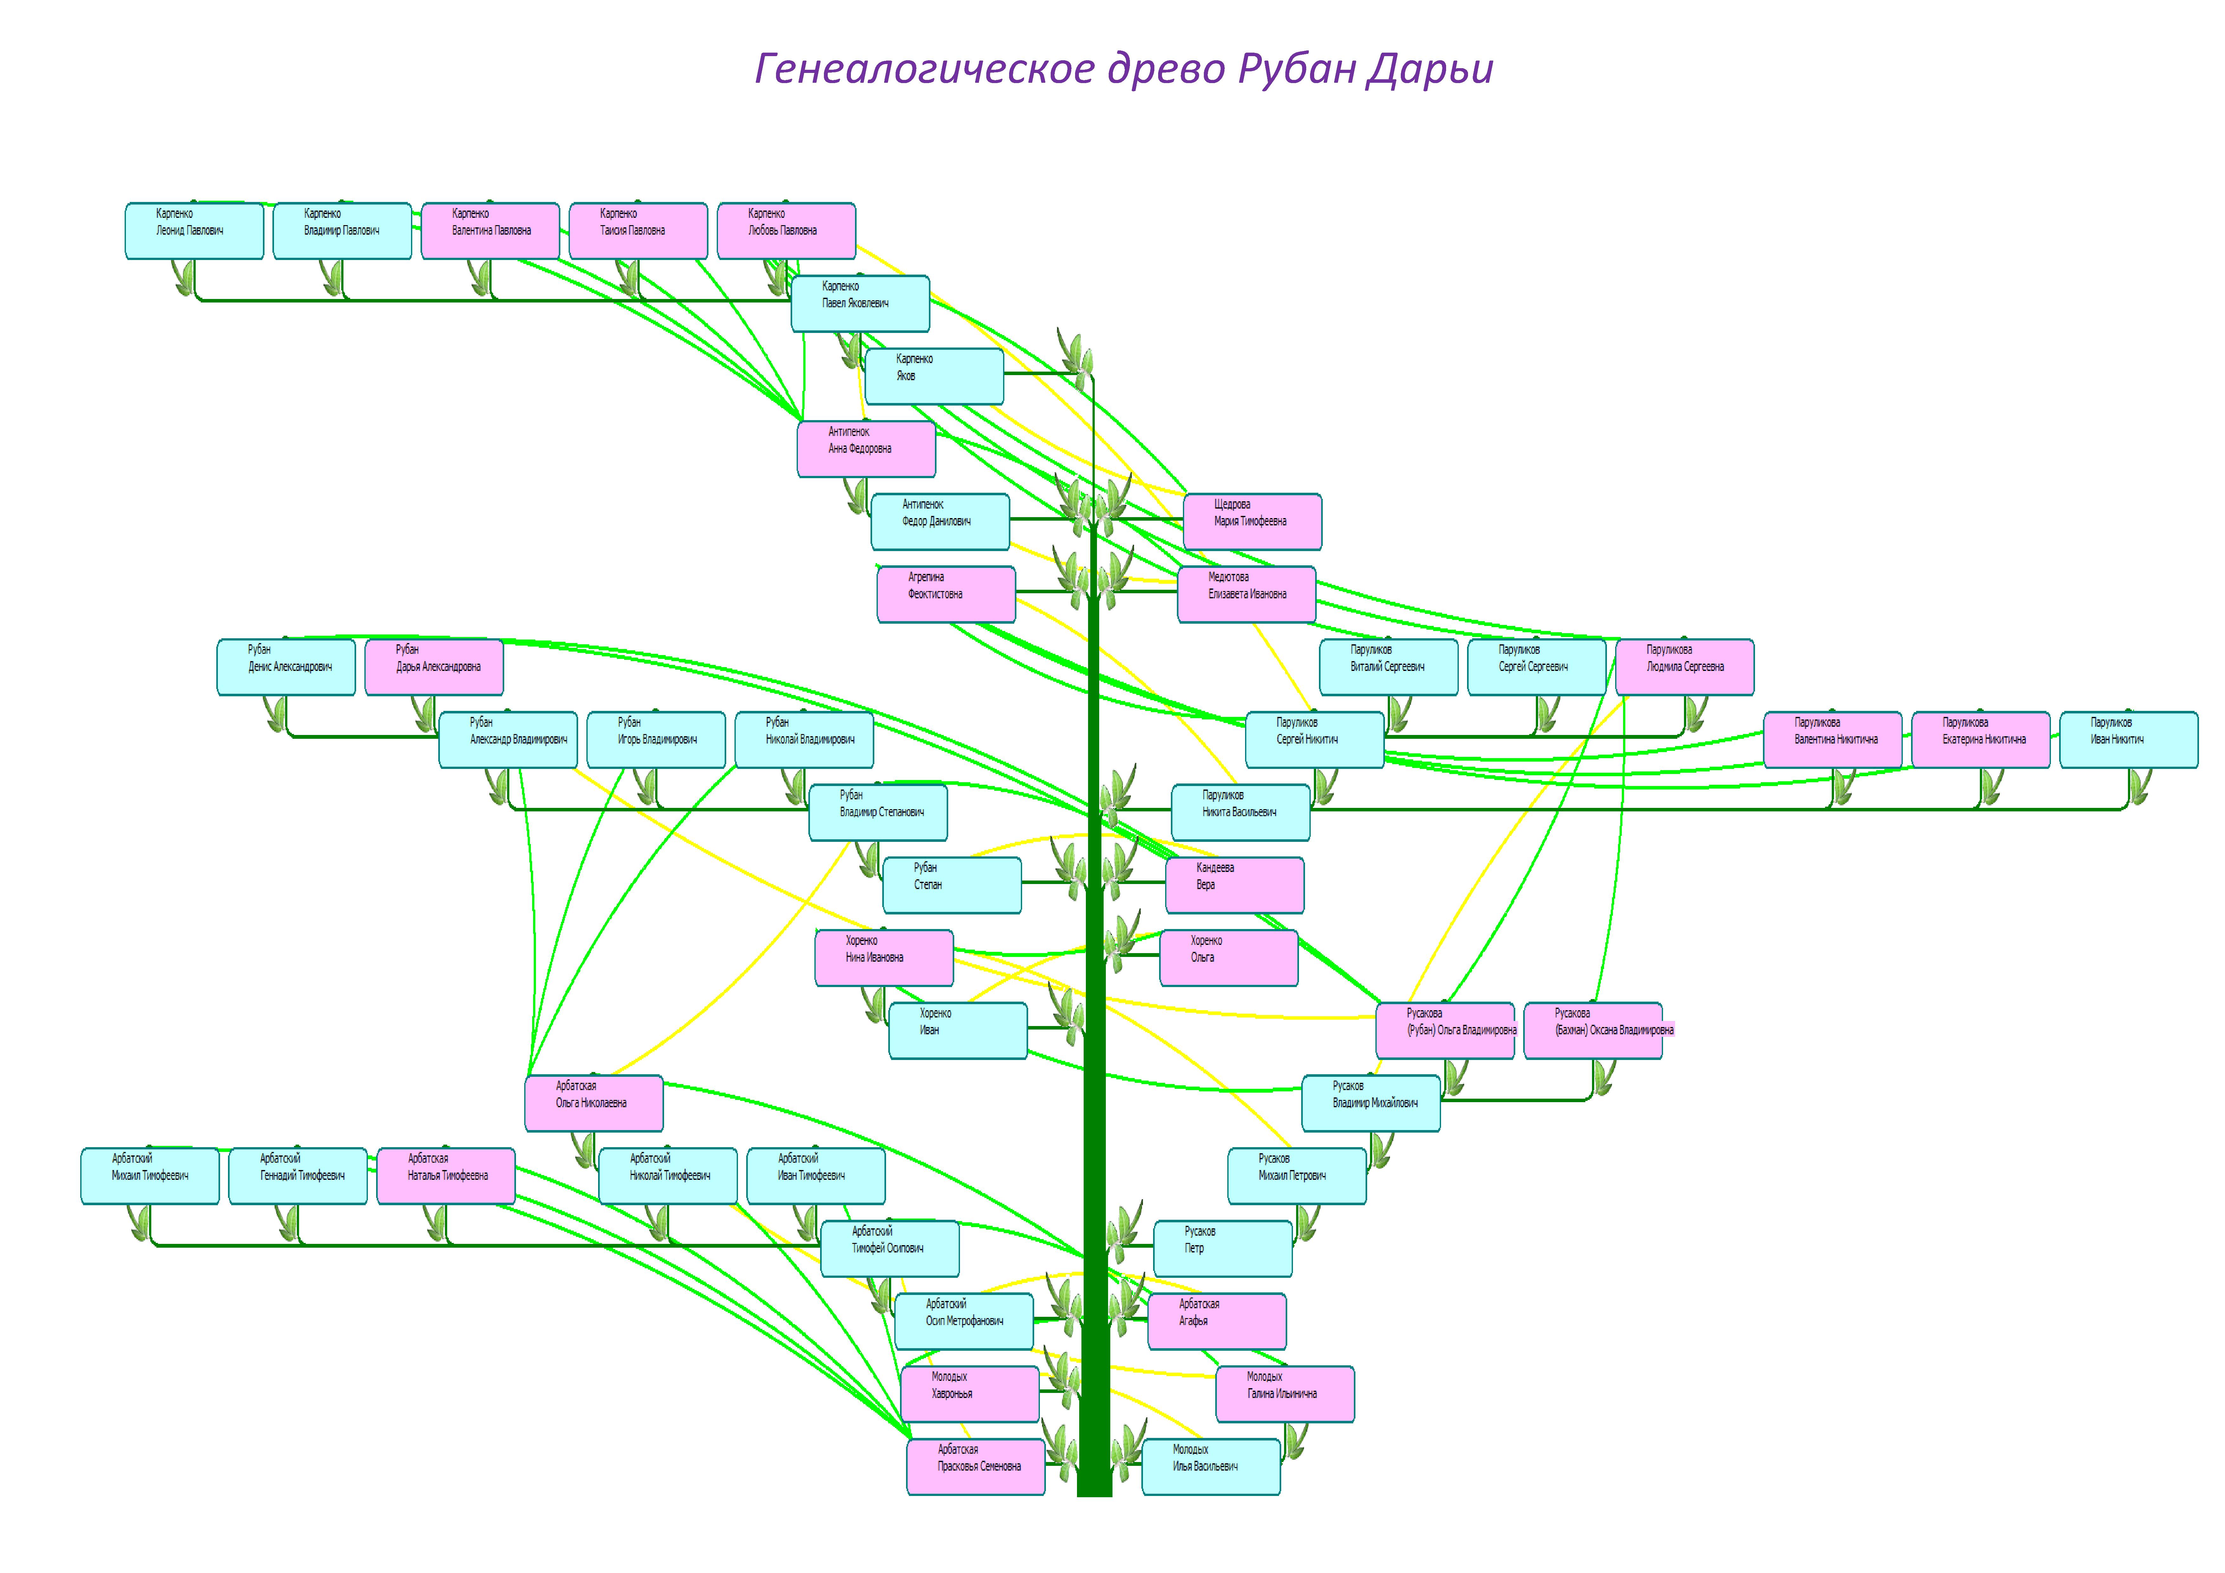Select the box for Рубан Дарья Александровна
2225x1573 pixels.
[x=434, y=667]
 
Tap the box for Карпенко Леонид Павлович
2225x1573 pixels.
[x=194, y=231]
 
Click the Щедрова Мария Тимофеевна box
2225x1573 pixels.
[x=1252, y=521]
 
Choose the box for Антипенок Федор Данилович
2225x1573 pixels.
[x=940, y=521]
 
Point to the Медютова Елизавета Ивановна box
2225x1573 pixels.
[x=1246, y=594]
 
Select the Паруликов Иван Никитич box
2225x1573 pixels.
[x=2128, y=739]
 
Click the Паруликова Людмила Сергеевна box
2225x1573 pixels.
[x=1684, y=667]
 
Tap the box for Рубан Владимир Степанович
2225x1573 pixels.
[x=878, y=812]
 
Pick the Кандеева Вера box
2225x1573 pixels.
[x=1235, y=885]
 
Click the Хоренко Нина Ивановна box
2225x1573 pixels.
[x=884, y=958]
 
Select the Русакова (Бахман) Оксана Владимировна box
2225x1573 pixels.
[x=1593, y=1030]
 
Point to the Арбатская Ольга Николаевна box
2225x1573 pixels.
[x=594, y=1103]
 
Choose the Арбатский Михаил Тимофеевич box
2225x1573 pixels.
[x=150, y=1176]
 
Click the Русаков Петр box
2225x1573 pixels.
[x=1223, y=1248]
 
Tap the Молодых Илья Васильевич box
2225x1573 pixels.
[x=1211, y=1466]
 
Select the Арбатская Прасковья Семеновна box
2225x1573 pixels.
[x=976, y=1466]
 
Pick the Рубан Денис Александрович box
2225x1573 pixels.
[x=286, y=667]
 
